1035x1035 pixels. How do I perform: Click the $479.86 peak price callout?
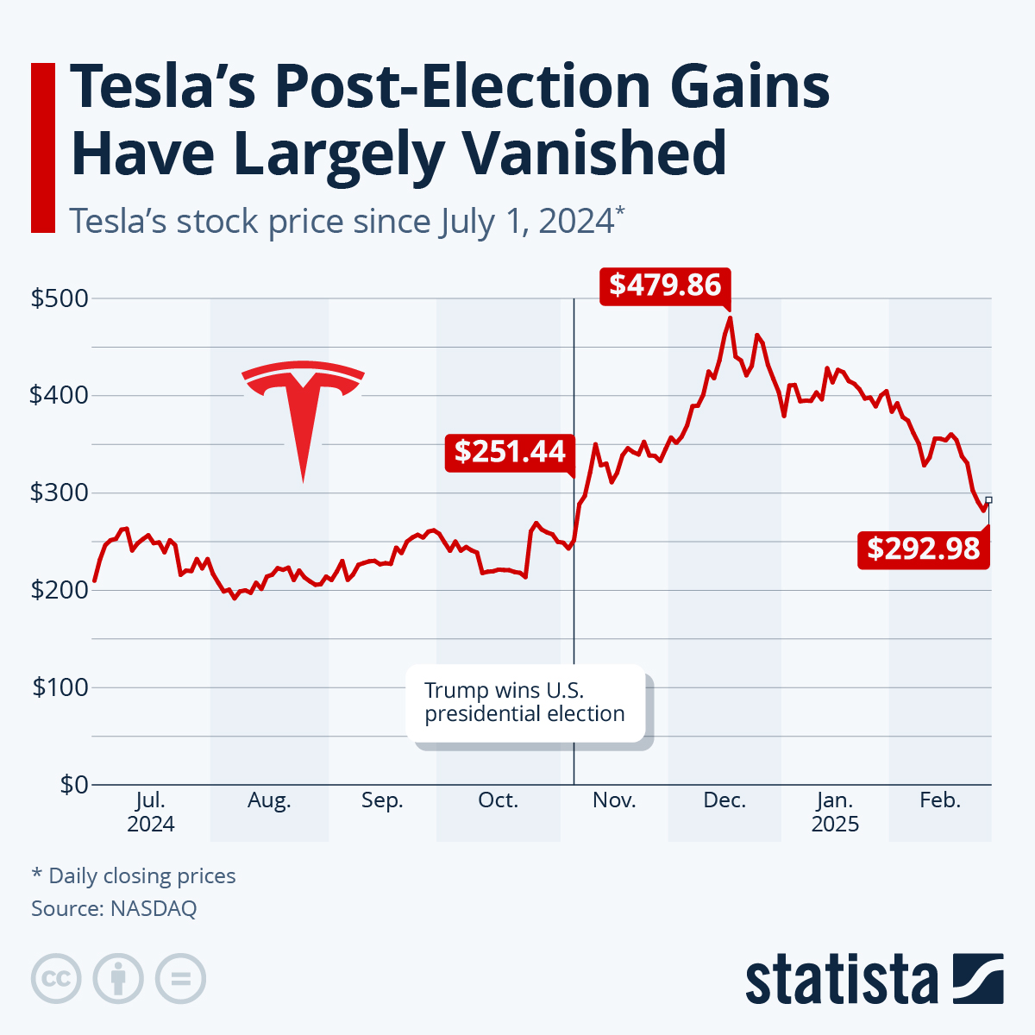(665, 285)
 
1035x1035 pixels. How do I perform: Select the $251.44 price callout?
(510, 451)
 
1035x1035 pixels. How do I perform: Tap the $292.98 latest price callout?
(923, 549)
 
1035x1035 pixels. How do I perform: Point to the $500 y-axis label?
(59, 298)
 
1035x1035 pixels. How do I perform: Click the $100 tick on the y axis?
(59, 687)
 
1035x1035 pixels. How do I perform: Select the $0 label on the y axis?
(73, 785)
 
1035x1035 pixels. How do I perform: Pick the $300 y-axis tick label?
(59, 492)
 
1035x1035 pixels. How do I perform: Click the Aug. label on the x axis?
(269, 800)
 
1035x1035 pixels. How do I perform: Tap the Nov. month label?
(614, 800)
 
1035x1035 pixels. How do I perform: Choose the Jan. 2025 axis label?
(835, 812)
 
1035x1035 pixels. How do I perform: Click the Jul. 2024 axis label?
(151, 812)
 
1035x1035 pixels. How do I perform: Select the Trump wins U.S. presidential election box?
(525, 702)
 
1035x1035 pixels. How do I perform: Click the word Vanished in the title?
(594, 153)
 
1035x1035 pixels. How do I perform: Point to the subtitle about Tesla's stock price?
(345, 221)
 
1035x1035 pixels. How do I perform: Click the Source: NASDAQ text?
(114, 908)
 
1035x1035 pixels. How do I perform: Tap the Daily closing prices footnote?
(134, 875)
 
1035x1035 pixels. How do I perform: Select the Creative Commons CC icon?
(56, 979)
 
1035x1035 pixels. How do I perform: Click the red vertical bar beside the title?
(42, 147)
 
